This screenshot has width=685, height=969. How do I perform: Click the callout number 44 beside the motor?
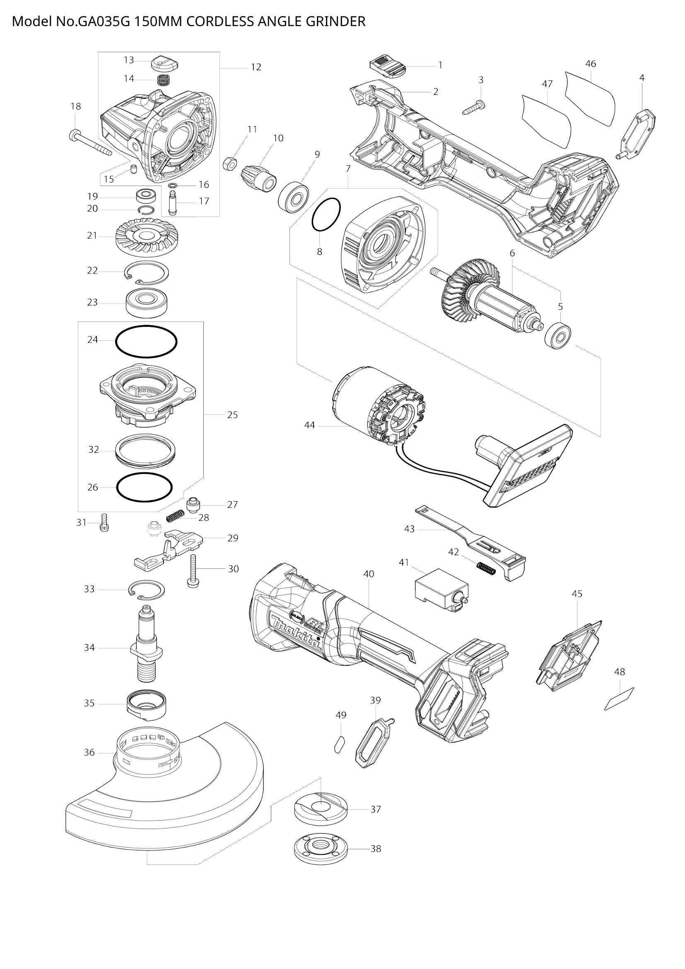pos(310,425)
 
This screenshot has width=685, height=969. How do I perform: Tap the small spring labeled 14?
pos(162,79)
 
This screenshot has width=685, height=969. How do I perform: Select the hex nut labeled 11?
pos(229,162)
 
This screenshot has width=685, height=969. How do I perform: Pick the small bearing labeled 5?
pos(557,336)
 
